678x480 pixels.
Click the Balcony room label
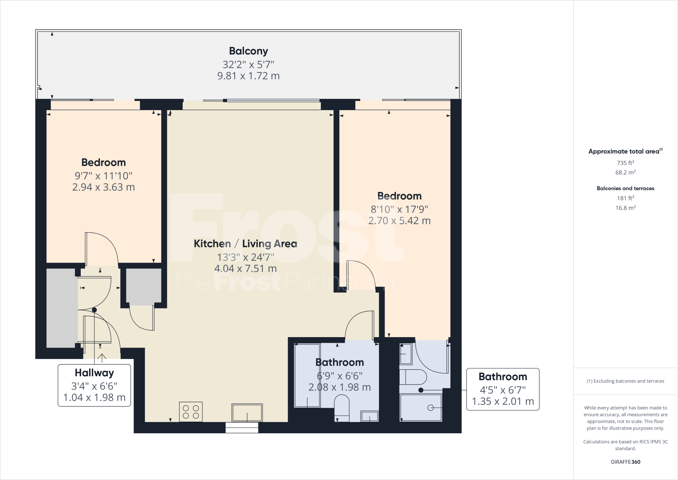pyautogui.click(x=248, y=51)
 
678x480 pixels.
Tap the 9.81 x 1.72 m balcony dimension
pyautogui.click(x=248, y=76)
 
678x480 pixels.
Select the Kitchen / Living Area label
pyautogui.click(x=245, y=244)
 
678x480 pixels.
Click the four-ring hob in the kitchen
pyautogui.click(x=191, y=412)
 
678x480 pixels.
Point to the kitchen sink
pyautogui.click(x=247, y=412)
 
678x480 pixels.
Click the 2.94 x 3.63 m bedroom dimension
pyautogui.click(x=103, y=187)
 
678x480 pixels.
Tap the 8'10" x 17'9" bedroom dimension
pyautogui.click(x=399, y=210)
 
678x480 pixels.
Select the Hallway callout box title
pyautogui.click(x=94, y=373)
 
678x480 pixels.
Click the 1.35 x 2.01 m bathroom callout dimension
pyautogui.click(x=503, y=401)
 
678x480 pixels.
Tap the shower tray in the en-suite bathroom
pyautogui.click(x=421, y=407)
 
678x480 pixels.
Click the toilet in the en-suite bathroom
pyautogui.click(x=414, y=377)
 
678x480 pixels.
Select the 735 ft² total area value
pyautogui.click(x=625, y=163)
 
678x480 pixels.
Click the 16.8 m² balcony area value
pyautogui.click(x=625, y=208)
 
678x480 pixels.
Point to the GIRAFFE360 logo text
pyautogui.click(x=625, y=462)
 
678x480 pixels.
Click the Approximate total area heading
pyautogui.click(x=625, y=151)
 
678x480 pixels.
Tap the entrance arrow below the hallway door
pyautogui.click(x=102, y=358)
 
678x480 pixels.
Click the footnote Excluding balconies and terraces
pyautogui.click(x=625, y=381)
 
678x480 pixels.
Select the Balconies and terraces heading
pyautogui.click(x=625, y=188)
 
